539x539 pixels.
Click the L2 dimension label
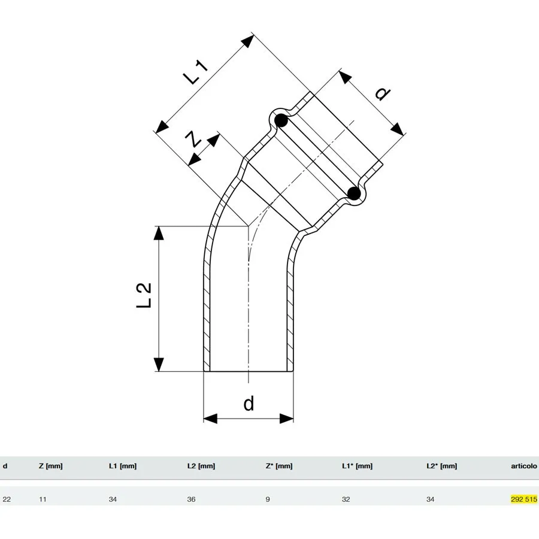click(144, 296)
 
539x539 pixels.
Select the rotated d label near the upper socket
click(381, 94)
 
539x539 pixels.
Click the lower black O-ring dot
click(354, 193)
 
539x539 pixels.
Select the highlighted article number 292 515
click(524, 499)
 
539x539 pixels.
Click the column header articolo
click(524, 466)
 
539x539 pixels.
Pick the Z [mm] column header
click(50, 466)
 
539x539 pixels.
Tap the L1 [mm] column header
click(123, 466)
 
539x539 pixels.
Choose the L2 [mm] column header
click(201, 466)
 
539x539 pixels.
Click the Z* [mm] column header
click(279, 466)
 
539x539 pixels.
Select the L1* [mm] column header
click(358, 466)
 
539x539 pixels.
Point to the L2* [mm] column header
click(442, 466)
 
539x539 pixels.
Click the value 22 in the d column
click(7, 499)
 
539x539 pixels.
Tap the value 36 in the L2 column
click(191, 499)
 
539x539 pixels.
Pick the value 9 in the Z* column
click(268, 499)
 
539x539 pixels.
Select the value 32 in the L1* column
click(346, 499)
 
